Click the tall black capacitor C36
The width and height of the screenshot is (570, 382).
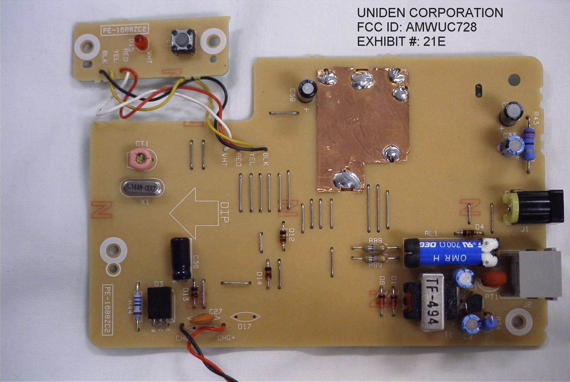click(x=181, y=258)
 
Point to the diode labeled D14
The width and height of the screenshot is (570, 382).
click(x=268, y=273)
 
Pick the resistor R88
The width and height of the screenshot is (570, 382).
click(x=375, y=248)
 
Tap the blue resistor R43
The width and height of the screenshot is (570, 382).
click(x=529, y=144)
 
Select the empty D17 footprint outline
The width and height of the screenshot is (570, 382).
click(x=245, y=317)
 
